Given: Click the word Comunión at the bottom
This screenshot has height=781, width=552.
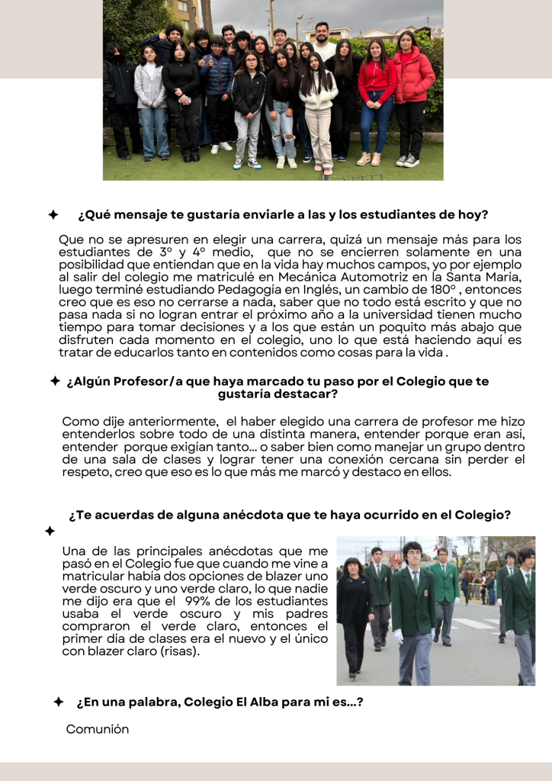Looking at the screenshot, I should (x=98, y=729).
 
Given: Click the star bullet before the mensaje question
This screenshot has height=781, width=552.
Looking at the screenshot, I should (x=53, y=215).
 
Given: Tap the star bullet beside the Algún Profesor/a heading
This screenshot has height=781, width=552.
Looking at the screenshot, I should (x=55, y=381).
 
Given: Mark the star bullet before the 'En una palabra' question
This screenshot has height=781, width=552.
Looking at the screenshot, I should (x=59, y=702).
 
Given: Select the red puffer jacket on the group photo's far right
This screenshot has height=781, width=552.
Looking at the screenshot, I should (x=413, y=76).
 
